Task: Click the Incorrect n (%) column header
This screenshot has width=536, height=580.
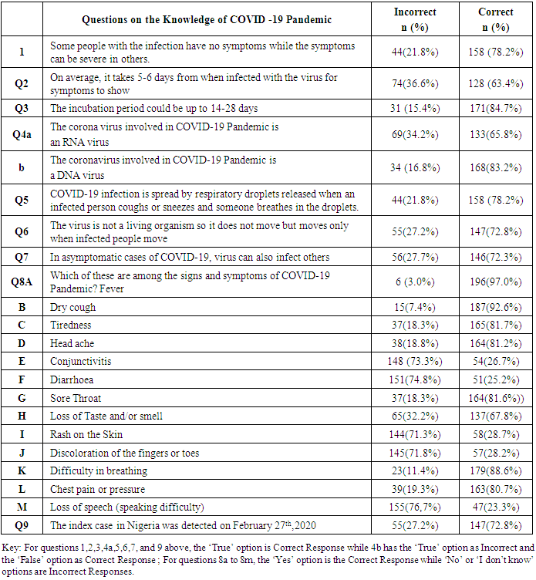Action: pyautogui.click(x=415, y=20)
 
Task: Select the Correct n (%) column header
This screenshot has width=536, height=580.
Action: pyautogui.click(x=495, y=20)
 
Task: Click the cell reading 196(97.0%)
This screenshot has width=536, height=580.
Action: pyautogui.click(x=495, y=282)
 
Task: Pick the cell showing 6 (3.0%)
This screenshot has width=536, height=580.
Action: pyautogui.click(x=415, y=282)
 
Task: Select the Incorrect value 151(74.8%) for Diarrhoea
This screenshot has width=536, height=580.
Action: pyautogui.click(x=415, y=379)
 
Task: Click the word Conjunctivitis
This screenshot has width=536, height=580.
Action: pyautogui.click(x=81, y=360)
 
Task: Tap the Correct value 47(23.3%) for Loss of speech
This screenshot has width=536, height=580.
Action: pyautogui.click(x=495, y=507)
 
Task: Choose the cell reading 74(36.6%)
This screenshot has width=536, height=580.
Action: pyautogui.click(x=415, y=83)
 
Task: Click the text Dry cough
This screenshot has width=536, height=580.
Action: pyautogui.click(x=73, y=307)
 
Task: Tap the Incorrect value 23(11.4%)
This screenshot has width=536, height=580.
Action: pyautogui.click(x=415, y=470)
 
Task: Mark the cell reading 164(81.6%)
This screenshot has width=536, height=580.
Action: pyautogui.click(x=495, y=398)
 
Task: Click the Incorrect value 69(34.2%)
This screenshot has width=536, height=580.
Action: pyautogui.click(x=415, y=135)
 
